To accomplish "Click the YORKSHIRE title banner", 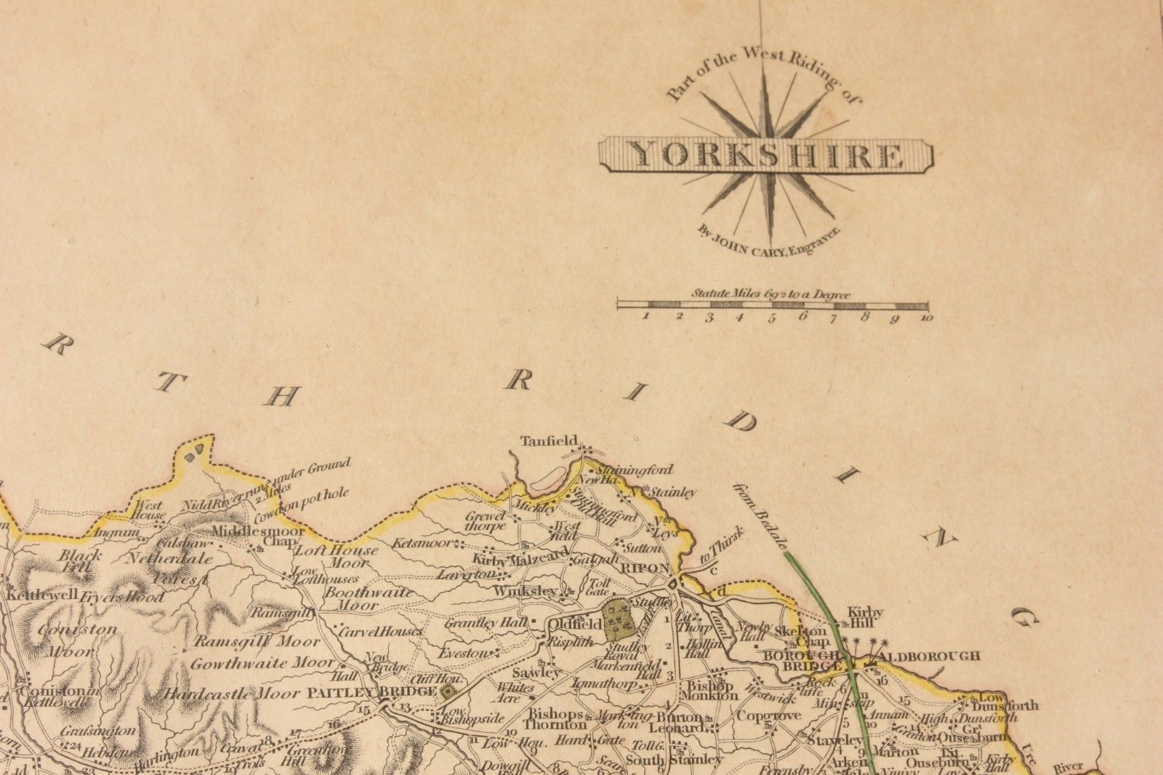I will click(x=765, y=155).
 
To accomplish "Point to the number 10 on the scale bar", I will click(x=925, y=318).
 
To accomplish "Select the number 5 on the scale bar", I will click(x=771, y=318).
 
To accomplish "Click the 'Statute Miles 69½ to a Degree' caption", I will click(x=771, y=294).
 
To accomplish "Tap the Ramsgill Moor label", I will click(x=256, y=642).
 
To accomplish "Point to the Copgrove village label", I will click(x=768, y=715).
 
